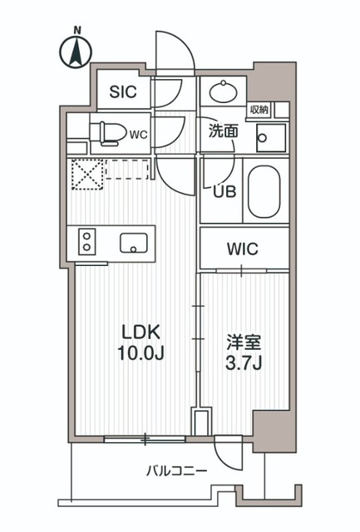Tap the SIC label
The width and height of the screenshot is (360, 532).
coord(123,93)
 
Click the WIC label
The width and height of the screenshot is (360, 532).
coord(244,248)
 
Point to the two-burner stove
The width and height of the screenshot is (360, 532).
coord(86,243)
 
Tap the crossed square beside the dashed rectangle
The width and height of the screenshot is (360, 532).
coord(84,173)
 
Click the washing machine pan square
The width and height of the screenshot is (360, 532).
coord(269,136)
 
